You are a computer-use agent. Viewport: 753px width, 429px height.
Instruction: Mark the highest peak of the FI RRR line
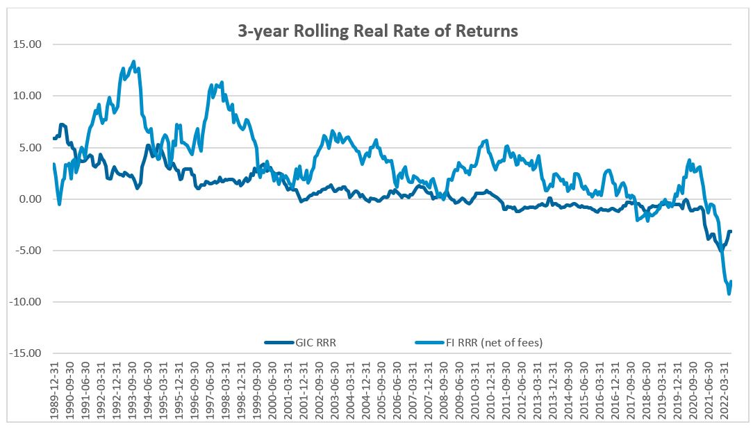pyautogui.click(x=133, y=61)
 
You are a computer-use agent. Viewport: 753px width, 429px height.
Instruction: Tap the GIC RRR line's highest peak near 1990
pyautogui.click(x=63, y=124)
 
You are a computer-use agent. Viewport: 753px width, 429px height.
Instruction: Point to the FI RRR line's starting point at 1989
pyautogui.click(x=53, y=164)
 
